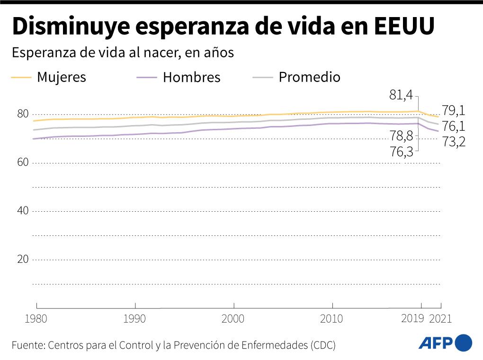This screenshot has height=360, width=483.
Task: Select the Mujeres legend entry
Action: click(x=62, y=77)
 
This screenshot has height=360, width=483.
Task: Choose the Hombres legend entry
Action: click(x=191, y=78)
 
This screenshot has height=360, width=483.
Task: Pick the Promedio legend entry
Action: click(x=309, y=77)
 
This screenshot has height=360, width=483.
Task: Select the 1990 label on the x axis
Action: click(x=135, y=319)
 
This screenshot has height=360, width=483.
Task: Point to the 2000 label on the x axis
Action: click(x=233, y=319)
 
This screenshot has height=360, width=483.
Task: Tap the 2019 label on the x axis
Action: click(x=412, y=319)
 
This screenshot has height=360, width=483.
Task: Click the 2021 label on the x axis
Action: click(x=440, y=319)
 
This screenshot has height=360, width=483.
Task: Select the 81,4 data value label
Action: click(x=401, y=95)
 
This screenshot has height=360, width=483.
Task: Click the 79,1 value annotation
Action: click(x=454, y=111)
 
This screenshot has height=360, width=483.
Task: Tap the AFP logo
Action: click(x=445, y=343)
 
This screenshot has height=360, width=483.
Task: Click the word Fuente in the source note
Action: click(x=27, y=345)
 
